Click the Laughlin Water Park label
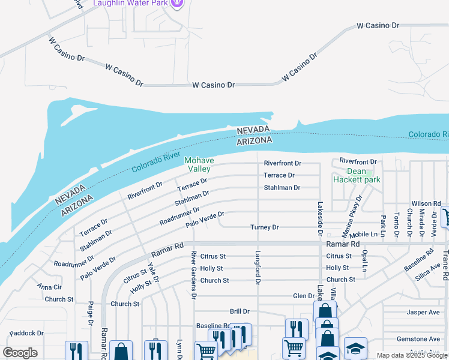[x=130, y=4]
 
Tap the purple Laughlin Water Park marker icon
[x=176, y=3]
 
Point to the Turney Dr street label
[x=265, y=227]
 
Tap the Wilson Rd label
[x=426, y=204]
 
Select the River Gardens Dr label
[x=194, y=274]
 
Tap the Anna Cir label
[x=49, y=287]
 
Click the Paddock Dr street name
[x=26, y=333]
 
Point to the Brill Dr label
[x=240, y=311]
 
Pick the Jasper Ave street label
[x=423, y=312]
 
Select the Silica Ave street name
[x=427, y=274]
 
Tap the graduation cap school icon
[x=355, y=347]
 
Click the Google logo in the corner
[x=20, y=353]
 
